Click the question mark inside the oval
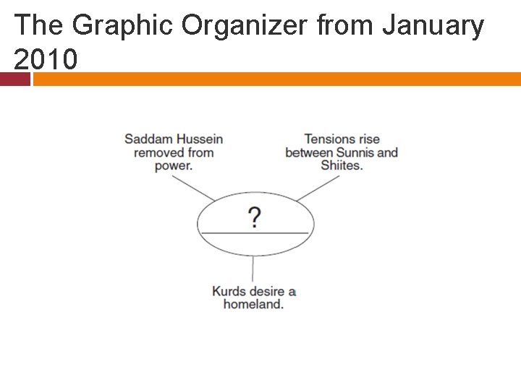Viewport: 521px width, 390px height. click(255, 217)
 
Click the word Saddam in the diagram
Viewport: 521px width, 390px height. click(148, 139)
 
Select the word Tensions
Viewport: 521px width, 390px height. click(330, 139)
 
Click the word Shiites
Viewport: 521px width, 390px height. click(342, 165)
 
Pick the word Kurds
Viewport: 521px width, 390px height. click(229, 292)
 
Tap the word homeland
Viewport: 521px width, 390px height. click(253, 305)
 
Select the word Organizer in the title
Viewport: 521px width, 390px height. click(245, 26)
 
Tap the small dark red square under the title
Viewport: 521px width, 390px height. click(14, 79)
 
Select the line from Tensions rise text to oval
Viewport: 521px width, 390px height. click(314, 189)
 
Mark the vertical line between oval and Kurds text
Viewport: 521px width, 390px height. click(253, 269)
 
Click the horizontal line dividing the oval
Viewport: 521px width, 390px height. click(255, 233)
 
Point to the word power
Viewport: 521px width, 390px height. click(173, 165)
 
